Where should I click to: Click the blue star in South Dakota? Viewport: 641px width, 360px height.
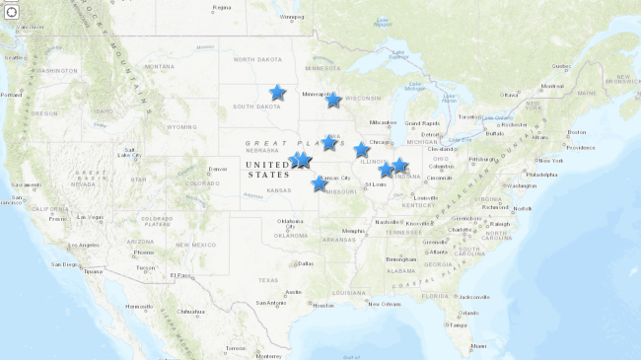click(x=277, y=93)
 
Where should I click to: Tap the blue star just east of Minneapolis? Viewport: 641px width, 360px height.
click(x=333, y=100)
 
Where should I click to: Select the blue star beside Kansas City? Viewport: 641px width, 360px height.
click(x=319, y=183)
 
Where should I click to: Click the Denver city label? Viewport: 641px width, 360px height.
click(x=218, y=170)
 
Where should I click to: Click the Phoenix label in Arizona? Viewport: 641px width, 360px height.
click(x=145, y=252)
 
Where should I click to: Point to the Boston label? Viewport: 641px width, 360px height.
click(x=577, y=132)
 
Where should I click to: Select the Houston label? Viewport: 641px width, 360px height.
click(x=322, y=306)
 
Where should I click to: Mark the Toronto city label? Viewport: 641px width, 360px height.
click(x=470, y=116)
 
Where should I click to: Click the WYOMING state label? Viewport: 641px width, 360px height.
click(x=181, y=126)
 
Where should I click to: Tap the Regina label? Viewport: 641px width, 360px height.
click(x=221, y=7)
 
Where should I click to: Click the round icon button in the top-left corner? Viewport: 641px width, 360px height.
click(x=12, y=12)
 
